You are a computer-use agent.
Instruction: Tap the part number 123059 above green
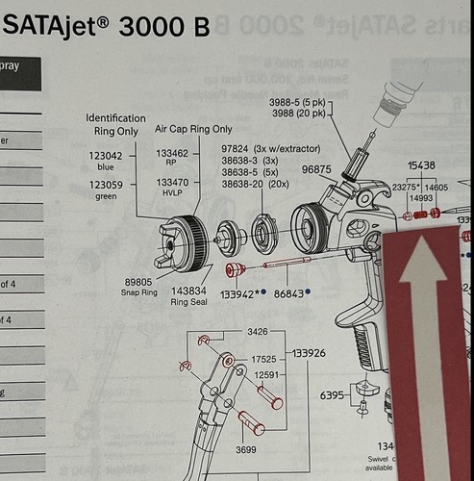106,185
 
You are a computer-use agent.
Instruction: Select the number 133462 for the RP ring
172,152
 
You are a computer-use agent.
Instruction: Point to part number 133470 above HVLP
172,182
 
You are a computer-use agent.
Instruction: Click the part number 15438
421,165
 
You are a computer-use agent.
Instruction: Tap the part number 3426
257,332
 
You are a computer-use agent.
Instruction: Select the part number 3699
245,448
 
